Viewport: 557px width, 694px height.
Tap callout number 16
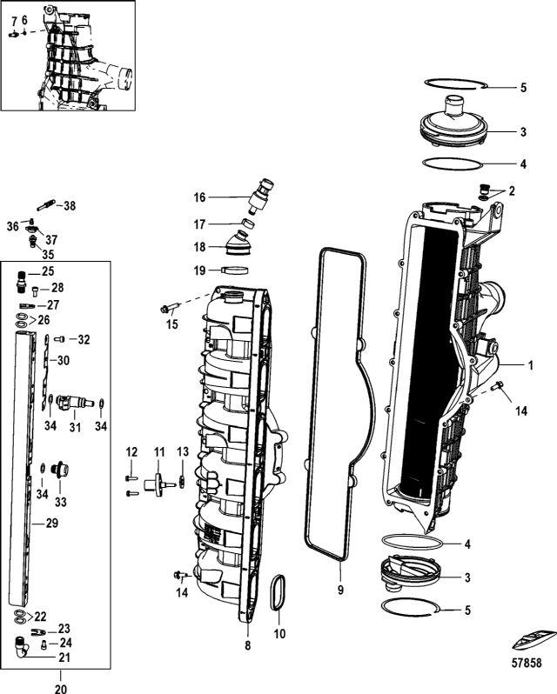[199, 197]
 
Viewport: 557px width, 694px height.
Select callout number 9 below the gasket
[341, 591]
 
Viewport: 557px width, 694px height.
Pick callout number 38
[70, 206]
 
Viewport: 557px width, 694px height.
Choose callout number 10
[280, 634]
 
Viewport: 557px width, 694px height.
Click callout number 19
[198, 270]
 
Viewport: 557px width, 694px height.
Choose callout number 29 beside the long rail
[51, 524]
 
